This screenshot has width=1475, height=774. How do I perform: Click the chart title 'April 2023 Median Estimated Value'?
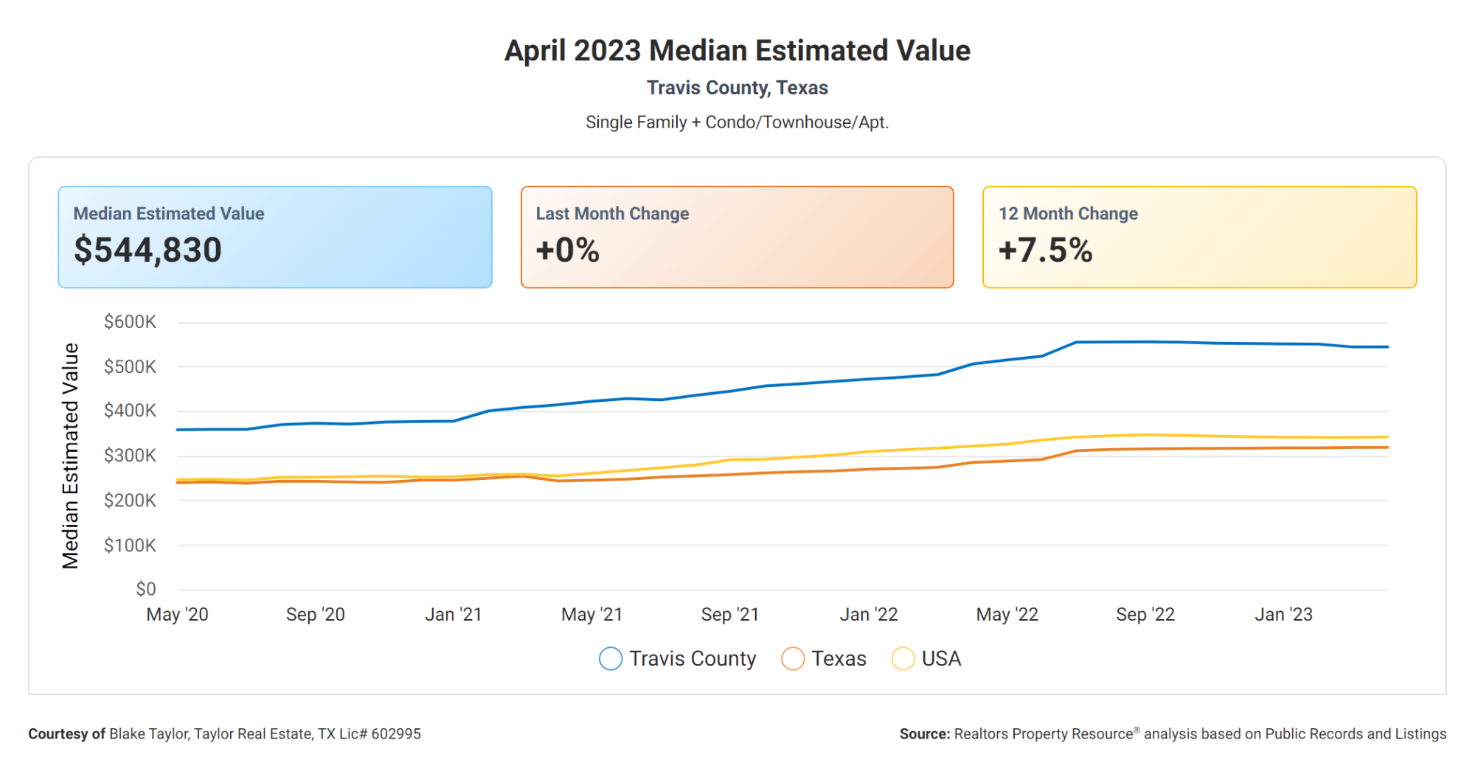pos(737,51)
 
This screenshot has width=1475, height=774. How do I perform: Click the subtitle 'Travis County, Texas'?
pos(737,88)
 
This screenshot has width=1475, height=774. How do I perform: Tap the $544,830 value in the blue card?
pos(147,250)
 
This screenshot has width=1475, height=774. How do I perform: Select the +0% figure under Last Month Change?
pos(567,250)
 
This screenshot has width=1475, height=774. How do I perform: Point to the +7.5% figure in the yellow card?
pos(1045,250)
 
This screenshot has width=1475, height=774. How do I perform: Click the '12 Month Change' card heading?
pos(1068,214)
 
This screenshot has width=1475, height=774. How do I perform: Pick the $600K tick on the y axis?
pos(130,322)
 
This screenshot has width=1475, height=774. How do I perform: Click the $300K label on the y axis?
pos(130,456)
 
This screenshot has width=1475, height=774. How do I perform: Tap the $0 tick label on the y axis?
pos(146,589)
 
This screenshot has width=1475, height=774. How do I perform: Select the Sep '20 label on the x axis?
pos(316,615)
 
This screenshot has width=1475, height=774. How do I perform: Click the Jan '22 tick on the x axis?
pos(869,615)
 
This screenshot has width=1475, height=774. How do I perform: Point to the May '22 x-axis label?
pos(1007,615)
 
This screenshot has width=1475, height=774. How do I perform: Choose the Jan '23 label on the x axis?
pos(1284,615)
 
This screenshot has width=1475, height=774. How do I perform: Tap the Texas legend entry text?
pos(839,658)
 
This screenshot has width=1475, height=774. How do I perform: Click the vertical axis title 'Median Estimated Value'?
pos(70,456)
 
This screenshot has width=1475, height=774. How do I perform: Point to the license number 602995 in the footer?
pos(396,734)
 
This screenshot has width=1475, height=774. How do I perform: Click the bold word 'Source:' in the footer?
pos(925,734)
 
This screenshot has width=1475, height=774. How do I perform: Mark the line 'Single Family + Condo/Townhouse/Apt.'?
pos(737,122)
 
